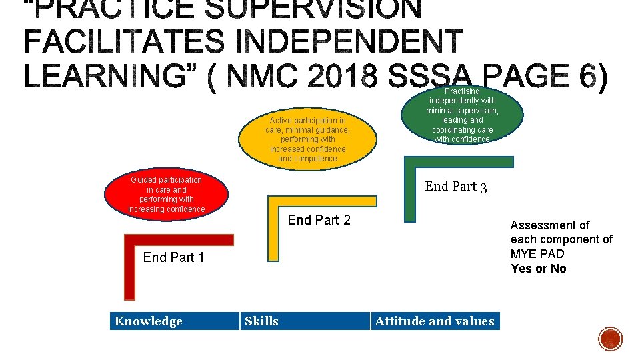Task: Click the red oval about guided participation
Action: pyautogui.click(x=166, y=195)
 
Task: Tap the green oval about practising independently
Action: pyautogui.click(x=462, y=115)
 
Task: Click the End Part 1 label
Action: pyautogui.click(x=173, y=257)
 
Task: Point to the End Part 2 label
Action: pyautogui.click(x=319, y=220)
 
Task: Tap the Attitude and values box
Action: pyautogui.click(x=435, y=321)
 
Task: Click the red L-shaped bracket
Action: pyautogui.click(x=130, y=267)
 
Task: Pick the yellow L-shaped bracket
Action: pyautogui.click(x=273, y=227)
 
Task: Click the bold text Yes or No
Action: pyautogui.click(x=539, y=269)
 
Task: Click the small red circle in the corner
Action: pyautogui.click(x=610, y=339)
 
